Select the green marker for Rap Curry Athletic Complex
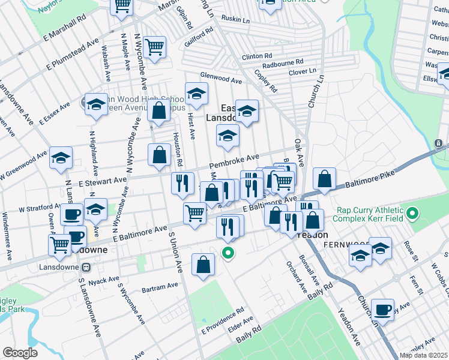pos(412,214)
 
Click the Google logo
pos(20,353)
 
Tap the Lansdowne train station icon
pos(86,266)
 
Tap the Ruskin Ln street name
pos(235,20)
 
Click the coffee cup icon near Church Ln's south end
pos(382,310)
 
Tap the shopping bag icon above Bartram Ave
pos(203,265)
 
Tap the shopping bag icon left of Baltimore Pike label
pos(324,179)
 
